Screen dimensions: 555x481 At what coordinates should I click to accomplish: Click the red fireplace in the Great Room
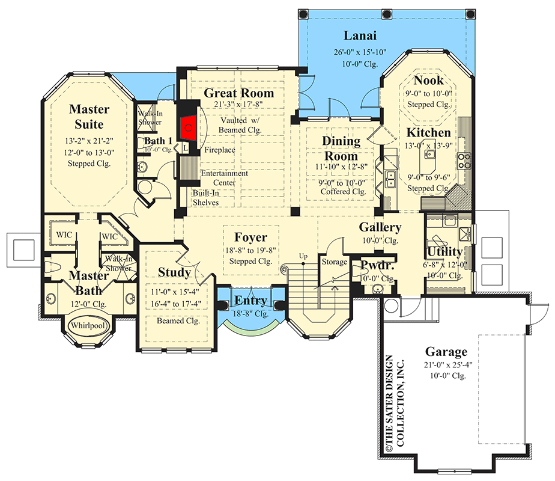(x=189, y=127)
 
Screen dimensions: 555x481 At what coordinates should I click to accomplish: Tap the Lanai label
(x=360, y=35)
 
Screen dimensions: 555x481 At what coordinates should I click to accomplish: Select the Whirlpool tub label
(x=88, y=325)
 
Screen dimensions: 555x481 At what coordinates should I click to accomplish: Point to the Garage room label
(x=446, y=352)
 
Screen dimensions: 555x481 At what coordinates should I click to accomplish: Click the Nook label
(x=428, y=81)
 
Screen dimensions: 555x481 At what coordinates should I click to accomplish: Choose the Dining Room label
(x=341, y=149)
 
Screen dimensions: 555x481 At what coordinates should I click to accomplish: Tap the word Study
(x=174, y=272)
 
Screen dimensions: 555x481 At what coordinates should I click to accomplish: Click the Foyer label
(x=250, y=237)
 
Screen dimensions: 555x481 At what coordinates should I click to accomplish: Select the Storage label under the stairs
(x=334, y=262)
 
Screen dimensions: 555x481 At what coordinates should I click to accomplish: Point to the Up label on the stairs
(x=303, y=256)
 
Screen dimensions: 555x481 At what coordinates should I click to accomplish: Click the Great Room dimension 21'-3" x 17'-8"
(x=238, y=104)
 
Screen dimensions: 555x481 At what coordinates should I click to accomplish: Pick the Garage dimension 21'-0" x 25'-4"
(x=448, y=364)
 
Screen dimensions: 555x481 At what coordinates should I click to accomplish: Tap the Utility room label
(x=445, y=252)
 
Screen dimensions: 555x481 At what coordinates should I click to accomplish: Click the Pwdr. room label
(x=377, y=265)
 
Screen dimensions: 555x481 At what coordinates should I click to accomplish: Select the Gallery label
(x=380, y=227)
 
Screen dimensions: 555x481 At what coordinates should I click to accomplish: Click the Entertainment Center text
(x=224, y=178)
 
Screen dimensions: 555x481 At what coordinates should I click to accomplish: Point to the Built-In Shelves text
(x=205, y=198)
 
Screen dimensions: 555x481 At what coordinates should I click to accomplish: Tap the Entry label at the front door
(x=250, y=301)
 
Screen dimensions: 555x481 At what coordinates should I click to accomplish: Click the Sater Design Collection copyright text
(x=394, y=403)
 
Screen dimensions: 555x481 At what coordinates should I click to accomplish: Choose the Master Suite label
(x=89, y=117)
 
